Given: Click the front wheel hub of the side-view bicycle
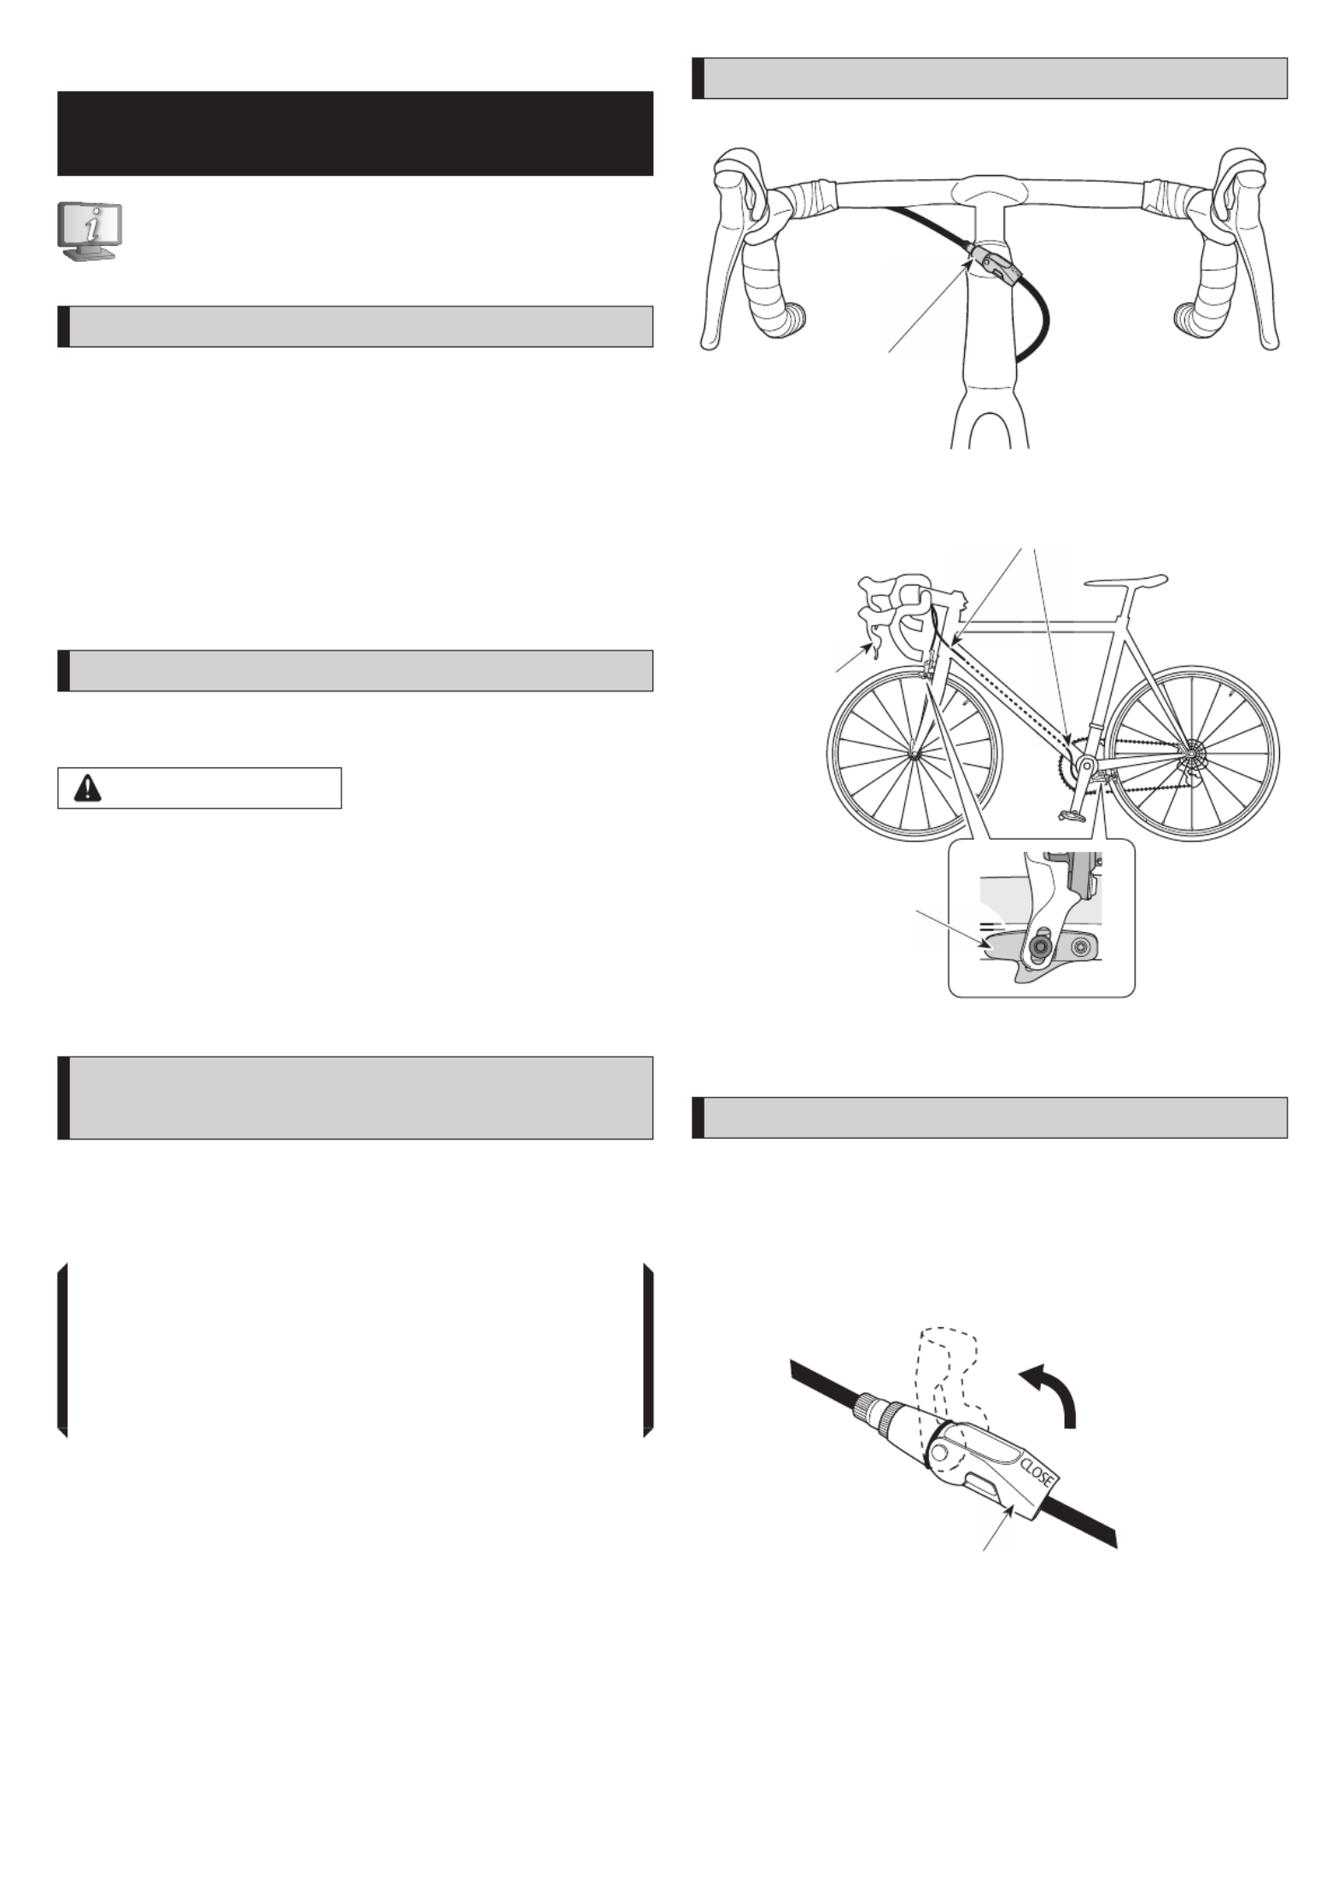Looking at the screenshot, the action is click(915, 754).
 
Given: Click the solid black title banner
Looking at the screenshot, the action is click(355, 133).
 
